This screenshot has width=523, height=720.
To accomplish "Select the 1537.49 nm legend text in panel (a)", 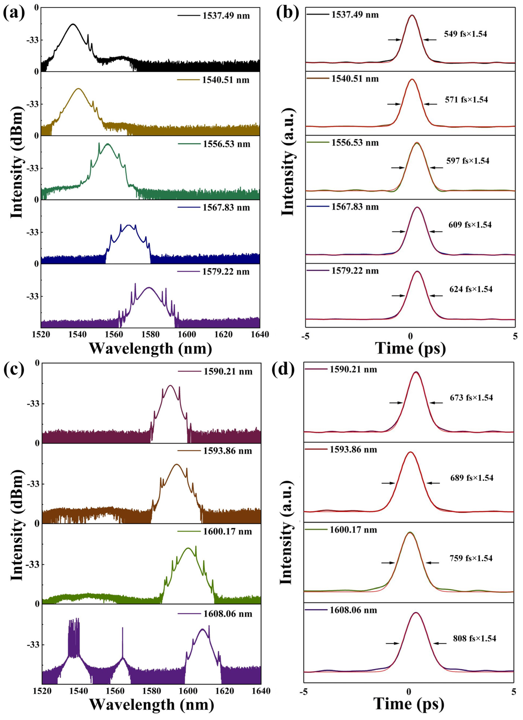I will pos(226,16).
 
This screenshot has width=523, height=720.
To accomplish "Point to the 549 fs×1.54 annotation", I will pos(465,34).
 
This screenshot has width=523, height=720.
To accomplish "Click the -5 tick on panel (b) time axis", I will pos(306,336).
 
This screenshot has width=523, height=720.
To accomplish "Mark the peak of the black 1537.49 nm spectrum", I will pos(73,24).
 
